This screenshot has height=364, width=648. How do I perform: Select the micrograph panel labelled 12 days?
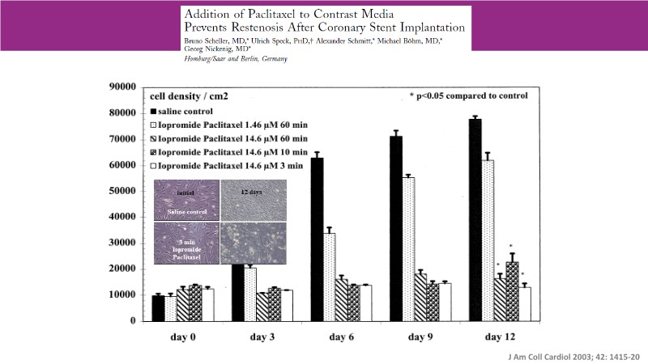[x=255, y=201]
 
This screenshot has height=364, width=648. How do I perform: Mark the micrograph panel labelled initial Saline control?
[x=187, y=201]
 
